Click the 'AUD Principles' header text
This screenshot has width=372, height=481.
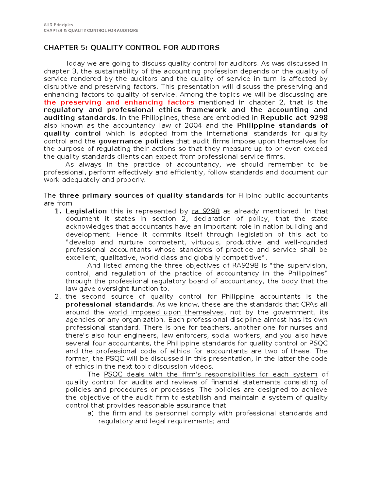pyautogui.click(x=58, y=25)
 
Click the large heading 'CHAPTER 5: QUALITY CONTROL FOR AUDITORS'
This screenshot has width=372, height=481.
pyautogui.click(x=131, y=47)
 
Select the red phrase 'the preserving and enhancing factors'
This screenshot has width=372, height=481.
pyautogui.click(x=119, y=102)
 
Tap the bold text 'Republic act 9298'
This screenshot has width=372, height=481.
pyautogui.click(x=294, y=118)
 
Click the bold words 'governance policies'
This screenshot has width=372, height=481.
pyautogui.click(x=136, y=141)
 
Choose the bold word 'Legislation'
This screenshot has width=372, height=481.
pyautogui.click(x=86, y=211)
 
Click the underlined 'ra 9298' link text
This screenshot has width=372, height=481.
pyautogui.click(x=206, y=211)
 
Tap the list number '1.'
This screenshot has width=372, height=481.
pyautogui.click(x=58, y=211)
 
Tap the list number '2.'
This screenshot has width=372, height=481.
pyautogui.click(x=58, y=297)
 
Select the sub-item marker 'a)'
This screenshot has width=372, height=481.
pyautogui.click(x=90, y=413)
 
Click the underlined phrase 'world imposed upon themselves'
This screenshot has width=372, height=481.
pyautogui.click(x=166, y=312)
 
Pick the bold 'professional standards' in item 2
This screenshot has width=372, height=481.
pyautogui.click(x=109, y=304)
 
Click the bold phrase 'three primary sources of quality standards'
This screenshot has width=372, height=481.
pyautogui.click(x=141, y=195)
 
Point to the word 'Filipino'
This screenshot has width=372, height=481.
pyautogui.click(x=250, y=195)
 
